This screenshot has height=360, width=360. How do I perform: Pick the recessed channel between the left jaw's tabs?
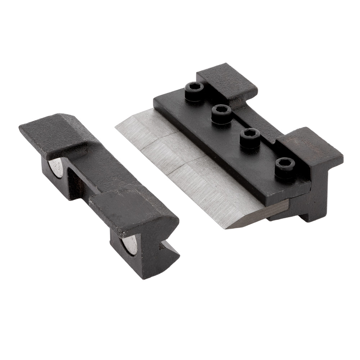tap(90, 173)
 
